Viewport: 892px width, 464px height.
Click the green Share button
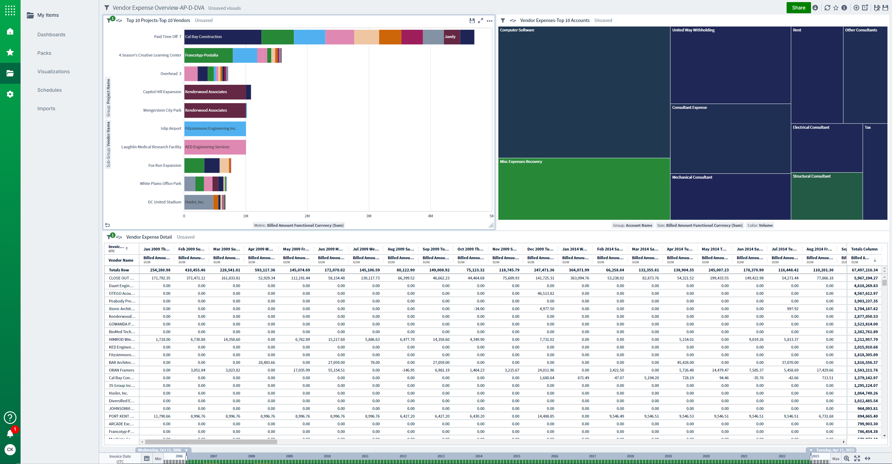coord(798,8)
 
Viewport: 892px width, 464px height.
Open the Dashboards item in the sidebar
coord(51,35)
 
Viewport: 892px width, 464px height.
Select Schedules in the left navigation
coord(50,90)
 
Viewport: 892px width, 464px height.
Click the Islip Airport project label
coord(171,128)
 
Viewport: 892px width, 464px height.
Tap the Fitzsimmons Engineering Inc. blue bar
coord(215,128)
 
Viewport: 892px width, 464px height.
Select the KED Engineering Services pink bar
coord(215,147)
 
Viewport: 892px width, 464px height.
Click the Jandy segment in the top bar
coord(451,37)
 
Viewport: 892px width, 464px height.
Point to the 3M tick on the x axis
coord(369,216)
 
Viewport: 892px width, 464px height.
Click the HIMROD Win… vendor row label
coord(122,339)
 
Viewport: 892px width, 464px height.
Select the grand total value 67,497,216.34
coord(864,270)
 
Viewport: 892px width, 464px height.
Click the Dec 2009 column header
coord(540,249)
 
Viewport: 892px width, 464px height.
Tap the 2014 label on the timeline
coord(478,456)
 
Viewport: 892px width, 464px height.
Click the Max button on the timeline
coord(835,459)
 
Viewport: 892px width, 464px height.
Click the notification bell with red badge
coord(10,434)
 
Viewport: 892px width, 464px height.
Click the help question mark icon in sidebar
coord(10,417)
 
